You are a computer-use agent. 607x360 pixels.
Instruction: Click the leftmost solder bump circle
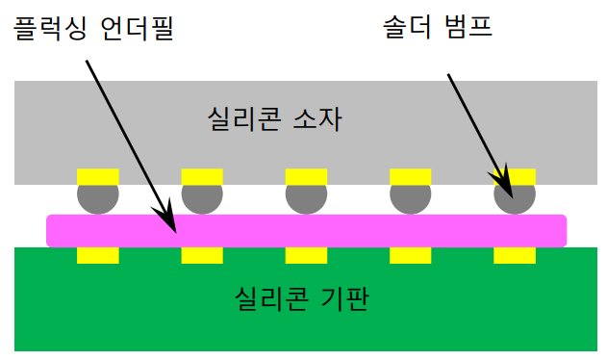98,196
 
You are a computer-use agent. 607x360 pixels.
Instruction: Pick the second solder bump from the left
202,196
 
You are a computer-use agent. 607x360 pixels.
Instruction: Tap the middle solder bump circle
306,196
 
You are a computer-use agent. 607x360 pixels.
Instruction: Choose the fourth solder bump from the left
410,196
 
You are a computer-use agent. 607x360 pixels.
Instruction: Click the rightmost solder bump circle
515,196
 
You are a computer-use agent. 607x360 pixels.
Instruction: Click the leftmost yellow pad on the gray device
98,176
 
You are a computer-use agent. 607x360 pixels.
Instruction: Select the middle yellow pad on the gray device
306,176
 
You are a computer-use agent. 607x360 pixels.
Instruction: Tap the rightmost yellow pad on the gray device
515,176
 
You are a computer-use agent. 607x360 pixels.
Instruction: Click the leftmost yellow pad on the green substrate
98,255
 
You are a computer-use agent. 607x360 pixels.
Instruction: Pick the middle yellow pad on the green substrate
306,255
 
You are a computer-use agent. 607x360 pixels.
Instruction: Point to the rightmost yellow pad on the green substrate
515,255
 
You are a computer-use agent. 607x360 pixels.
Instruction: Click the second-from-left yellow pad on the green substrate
202,255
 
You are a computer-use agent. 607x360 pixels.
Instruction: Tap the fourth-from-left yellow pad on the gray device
410,176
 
